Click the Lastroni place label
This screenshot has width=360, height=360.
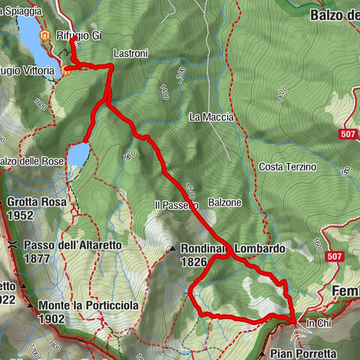pos(130,55)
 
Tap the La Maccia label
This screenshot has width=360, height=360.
pos(212,117)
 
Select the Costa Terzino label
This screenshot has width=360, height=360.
pos(287,166)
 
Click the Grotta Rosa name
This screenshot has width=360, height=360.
pos(37,202)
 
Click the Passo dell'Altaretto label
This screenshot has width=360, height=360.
pos(72,244)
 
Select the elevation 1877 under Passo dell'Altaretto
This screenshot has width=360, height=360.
pos(37,259)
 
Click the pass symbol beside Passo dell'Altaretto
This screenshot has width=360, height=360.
pos(13,245)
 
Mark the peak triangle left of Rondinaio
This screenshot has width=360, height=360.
pos(172,249)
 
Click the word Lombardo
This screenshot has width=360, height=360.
pos(259,248)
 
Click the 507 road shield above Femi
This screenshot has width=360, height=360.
pos(335,257)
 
